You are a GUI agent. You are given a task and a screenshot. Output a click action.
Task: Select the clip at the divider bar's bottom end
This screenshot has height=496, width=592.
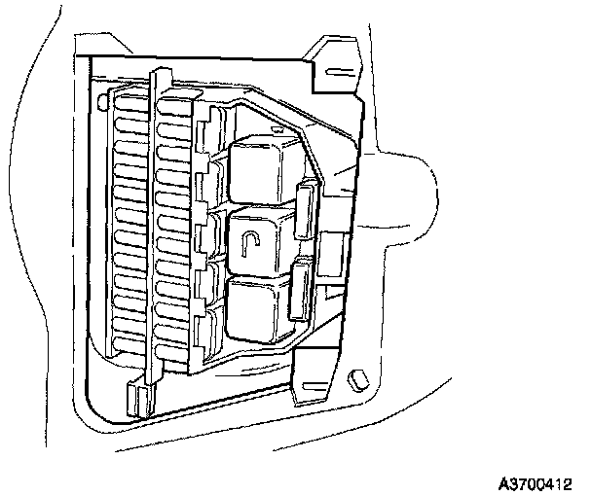[x=136, y=398]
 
